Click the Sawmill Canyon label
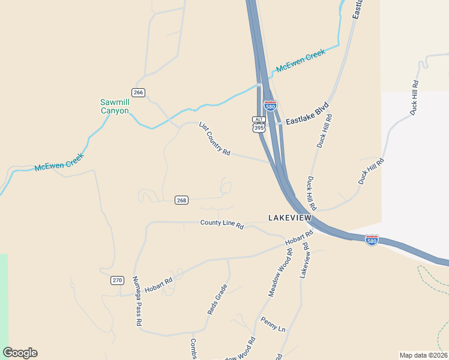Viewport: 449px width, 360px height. [x=114, y=106]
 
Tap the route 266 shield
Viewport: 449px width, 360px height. [x=139, y=92]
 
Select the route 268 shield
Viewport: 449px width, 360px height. [x=182, y=200]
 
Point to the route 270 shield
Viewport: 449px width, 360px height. [x=117, y=280]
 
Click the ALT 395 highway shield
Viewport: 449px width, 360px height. [x=259, y=124]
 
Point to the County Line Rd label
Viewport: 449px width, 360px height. [x=222, y=224]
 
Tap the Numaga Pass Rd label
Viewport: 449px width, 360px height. [x=136, y=301]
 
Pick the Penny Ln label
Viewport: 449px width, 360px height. [x=273, y=325]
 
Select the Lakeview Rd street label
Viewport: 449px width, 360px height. [x=305, y=260]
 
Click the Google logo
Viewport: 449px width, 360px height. [x=20, y=353]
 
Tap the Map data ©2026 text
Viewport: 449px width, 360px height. [x=423, y=355]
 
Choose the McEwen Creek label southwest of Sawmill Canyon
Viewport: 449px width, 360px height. [x=59, y=162]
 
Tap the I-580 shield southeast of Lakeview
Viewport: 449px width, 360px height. [x=372, y=240]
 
